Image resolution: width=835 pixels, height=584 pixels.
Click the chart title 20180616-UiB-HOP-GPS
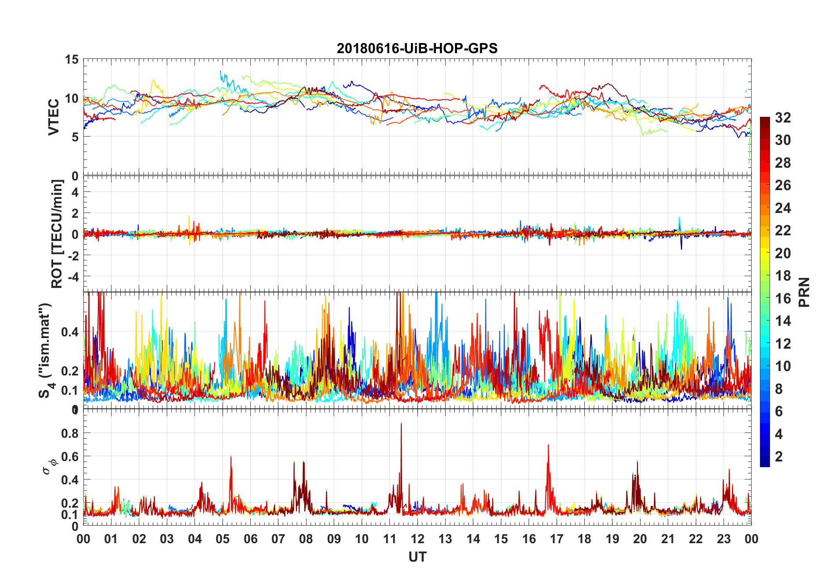click(417, 48)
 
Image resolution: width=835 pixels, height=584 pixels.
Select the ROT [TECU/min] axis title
click(57, 234)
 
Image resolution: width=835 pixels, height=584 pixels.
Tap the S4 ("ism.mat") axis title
click(46, 350)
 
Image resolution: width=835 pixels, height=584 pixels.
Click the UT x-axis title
click(417, 557)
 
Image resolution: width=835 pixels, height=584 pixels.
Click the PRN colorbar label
click(804, 292)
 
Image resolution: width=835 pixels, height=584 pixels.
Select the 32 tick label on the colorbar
click(783, 118)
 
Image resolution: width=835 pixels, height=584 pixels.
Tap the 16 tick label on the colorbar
click(783, 299)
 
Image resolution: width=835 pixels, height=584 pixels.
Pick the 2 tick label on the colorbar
click(779, 457)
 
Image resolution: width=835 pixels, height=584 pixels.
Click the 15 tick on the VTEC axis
click(72, 60)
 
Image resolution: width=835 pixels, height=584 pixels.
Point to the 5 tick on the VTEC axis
click(75, 137)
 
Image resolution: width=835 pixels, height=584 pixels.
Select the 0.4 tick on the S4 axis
click(69, 332)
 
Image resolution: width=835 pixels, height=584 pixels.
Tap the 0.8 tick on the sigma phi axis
click(69, 433)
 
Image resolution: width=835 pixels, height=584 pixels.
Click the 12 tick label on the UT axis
click(417, 539)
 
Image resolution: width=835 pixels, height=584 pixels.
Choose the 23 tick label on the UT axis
click(723, 539)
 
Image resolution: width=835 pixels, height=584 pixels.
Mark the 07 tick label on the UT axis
click(278, 539)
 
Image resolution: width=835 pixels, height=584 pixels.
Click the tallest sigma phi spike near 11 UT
click(401, 424)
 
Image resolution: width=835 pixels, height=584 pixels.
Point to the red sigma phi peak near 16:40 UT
click(548, 446)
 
